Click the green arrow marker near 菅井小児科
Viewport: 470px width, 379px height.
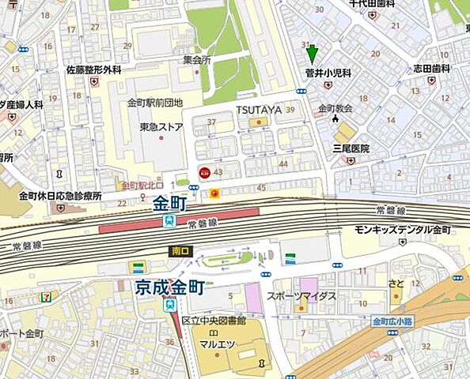coord(312,54)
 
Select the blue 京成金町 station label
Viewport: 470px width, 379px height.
coord(157,287)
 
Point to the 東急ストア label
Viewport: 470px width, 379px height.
coord(161,126)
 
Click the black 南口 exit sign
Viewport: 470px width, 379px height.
coord(180,251)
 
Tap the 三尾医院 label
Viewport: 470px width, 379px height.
coord(351,148)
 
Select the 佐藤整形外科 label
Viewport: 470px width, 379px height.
coord(93,69)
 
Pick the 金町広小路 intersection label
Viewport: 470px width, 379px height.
coord(393,321)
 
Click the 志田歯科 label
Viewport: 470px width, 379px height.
coord(430,69)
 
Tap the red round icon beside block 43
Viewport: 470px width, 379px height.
coord(203,171)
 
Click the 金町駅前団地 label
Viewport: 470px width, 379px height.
coord(155,103)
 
